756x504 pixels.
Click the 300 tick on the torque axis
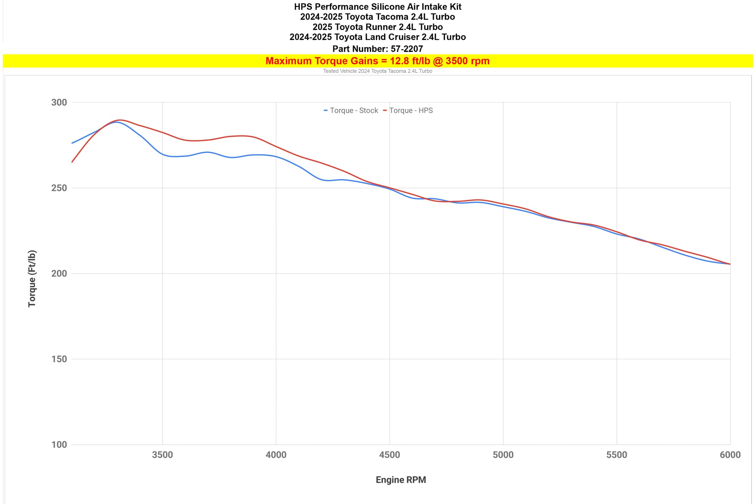[x=59, y=102]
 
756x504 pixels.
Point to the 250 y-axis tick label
[x=59, y=188]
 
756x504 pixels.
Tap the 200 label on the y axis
[x=59, y=273]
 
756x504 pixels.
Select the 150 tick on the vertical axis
[x=59, y=359]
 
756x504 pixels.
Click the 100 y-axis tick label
[x=59, y=445]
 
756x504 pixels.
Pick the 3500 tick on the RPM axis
[x=163, y=455]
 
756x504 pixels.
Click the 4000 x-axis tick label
[x=276, y=455]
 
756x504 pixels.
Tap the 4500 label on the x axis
[x=390, y=455]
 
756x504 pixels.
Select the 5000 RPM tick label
[x=503, y=455]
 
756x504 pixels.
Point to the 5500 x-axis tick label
[x=617, y=455]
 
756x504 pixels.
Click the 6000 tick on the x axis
[x=730, y=455]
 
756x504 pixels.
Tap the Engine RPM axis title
[x=401, y=480]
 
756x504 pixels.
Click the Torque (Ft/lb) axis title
[x=32, y=278]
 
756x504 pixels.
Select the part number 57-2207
[x=407, y=49]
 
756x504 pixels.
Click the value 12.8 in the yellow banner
[x=400, y=61]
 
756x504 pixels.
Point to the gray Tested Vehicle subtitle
[x=378, y=71]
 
